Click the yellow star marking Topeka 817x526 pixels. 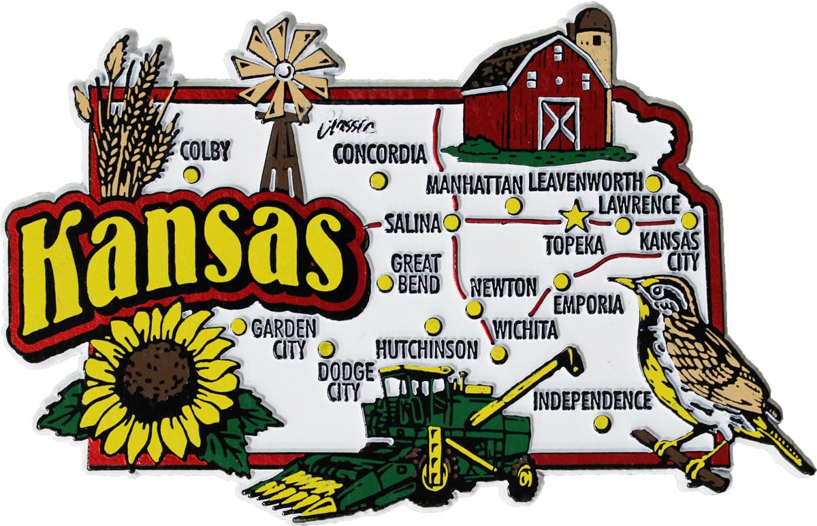point(576,218)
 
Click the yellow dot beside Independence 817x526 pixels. point(600,423)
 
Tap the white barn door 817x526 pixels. point(558,123)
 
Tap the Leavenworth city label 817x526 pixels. point(585,182)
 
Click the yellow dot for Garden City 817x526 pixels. point(238,327)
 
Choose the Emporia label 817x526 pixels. point(588,305)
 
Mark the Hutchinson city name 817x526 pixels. point(427,349)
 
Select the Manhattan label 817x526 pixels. point(474,184)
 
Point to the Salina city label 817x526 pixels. point(413,224)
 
